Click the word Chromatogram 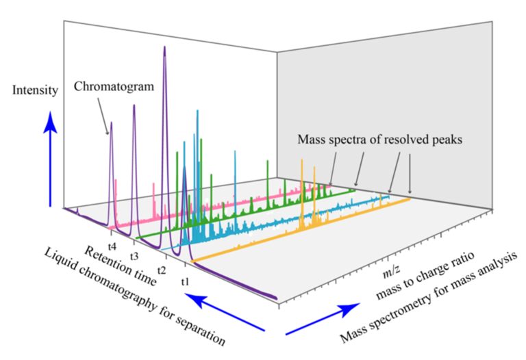pos(114,87)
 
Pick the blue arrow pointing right pos(323,319)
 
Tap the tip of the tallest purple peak pos(164,47)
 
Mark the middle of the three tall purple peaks pos(134,107)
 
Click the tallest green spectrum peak pos(184,144)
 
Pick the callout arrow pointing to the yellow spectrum pos(410,174)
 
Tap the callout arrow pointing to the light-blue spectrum pos(394,172)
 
